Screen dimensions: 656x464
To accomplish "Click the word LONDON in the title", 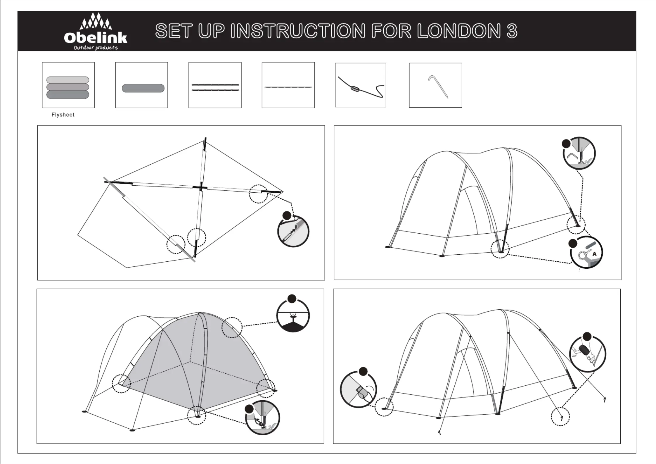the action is pyautogui.click(x=458, y=31).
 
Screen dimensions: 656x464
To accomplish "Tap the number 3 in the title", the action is pyautogui.click(x=512, y=31).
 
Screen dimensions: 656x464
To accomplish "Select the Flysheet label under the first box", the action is pyautogui.click(x=63, y=115).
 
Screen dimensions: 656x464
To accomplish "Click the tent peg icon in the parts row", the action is pyautogui.click(x=438, y=87).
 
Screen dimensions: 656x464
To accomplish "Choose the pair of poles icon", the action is pyautogui.click(x=215, y=87).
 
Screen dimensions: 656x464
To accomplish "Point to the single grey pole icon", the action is pyautogui.click(x=288, y=87).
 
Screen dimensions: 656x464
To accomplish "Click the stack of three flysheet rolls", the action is pyautogui.click(x=68, y=87).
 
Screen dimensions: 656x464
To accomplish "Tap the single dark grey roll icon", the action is pyautogui.click(x=143, y=88).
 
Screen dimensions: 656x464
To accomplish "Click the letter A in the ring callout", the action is pyautogui.click(x=594, y=254).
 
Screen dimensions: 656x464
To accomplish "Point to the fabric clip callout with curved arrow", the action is pyautogui.click(x=359, y=389).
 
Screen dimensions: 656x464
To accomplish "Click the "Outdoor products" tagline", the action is pyautogui.click(x=96, y=48).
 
